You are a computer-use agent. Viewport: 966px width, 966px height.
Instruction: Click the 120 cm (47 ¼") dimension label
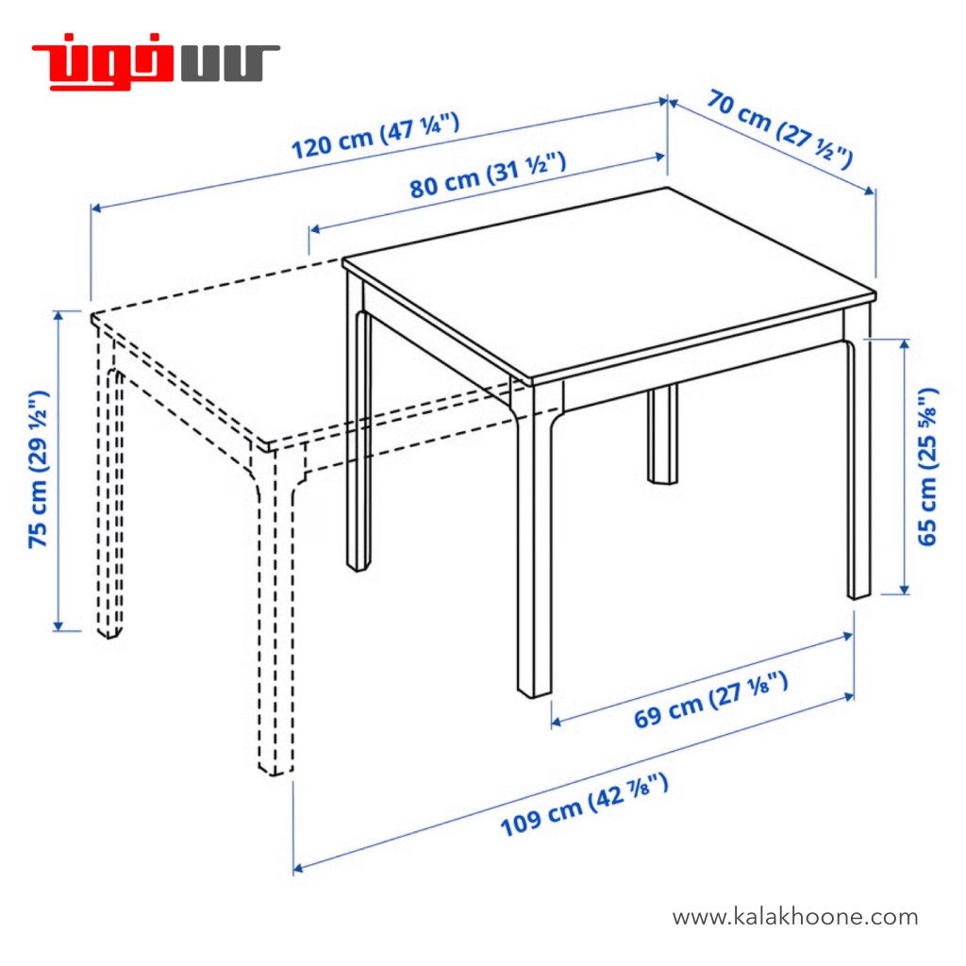click(x=375, y=136)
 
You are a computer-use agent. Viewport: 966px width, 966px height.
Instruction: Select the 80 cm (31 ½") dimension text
click(x=488, y=175)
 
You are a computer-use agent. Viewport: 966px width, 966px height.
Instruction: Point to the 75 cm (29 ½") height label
click(x=38, y=469)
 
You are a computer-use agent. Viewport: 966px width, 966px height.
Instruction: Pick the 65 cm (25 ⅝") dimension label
click(x=928, y=467)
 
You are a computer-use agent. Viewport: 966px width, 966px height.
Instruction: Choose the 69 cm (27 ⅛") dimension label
click(x=711, y=700)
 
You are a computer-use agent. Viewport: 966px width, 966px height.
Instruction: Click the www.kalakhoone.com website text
click(x=794, y=917)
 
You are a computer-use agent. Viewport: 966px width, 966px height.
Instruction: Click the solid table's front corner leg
click(x=534, y=542)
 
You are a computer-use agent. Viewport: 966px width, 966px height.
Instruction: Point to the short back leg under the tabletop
click(x=662, y=434)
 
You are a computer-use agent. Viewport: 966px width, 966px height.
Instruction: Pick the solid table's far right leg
click(x=858, y=456)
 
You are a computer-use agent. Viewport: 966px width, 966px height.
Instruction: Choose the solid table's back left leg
click(x=358, y=425)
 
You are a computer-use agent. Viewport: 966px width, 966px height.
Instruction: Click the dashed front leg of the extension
click(x=275, y=610)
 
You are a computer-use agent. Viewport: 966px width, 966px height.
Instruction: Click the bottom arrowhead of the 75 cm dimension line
click(x=58, y=626)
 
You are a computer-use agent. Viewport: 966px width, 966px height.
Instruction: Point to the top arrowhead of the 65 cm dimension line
click(x=904, y=343)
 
